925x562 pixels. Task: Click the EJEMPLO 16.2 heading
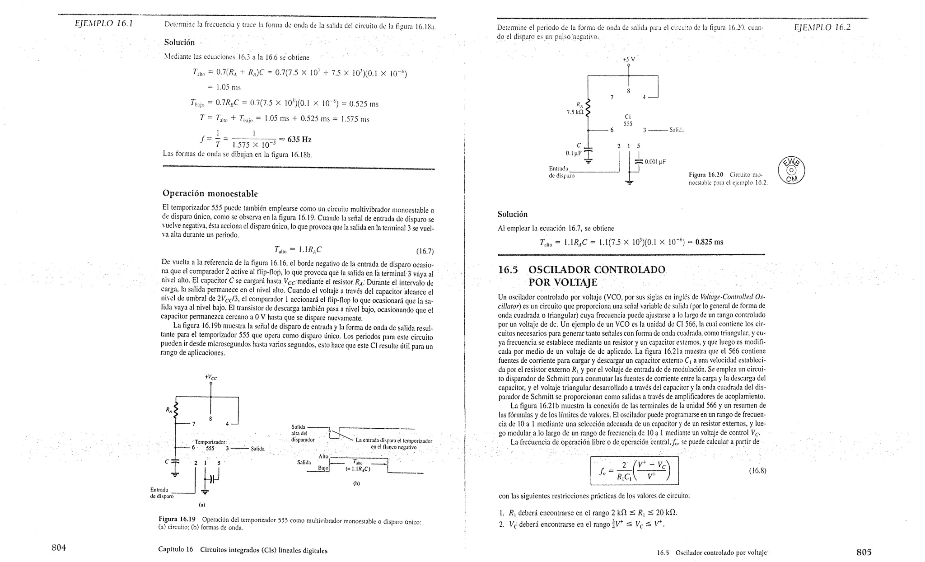822,27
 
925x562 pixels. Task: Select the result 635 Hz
299,139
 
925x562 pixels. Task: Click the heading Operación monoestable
210,193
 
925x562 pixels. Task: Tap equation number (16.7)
425,251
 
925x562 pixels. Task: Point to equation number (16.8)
757,471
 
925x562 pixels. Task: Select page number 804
59,548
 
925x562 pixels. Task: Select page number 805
864,552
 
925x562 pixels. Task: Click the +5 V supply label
629,59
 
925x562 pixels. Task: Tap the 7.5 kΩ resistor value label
575,112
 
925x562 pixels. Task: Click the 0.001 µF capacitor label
655,161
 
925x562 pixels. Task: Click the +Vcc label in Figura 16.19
210,377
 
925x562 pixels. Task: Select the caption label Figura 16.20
705,174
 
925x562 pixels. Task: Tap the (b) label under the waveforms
356,483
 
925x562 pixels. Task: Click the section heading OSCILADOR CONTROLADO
596,270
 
